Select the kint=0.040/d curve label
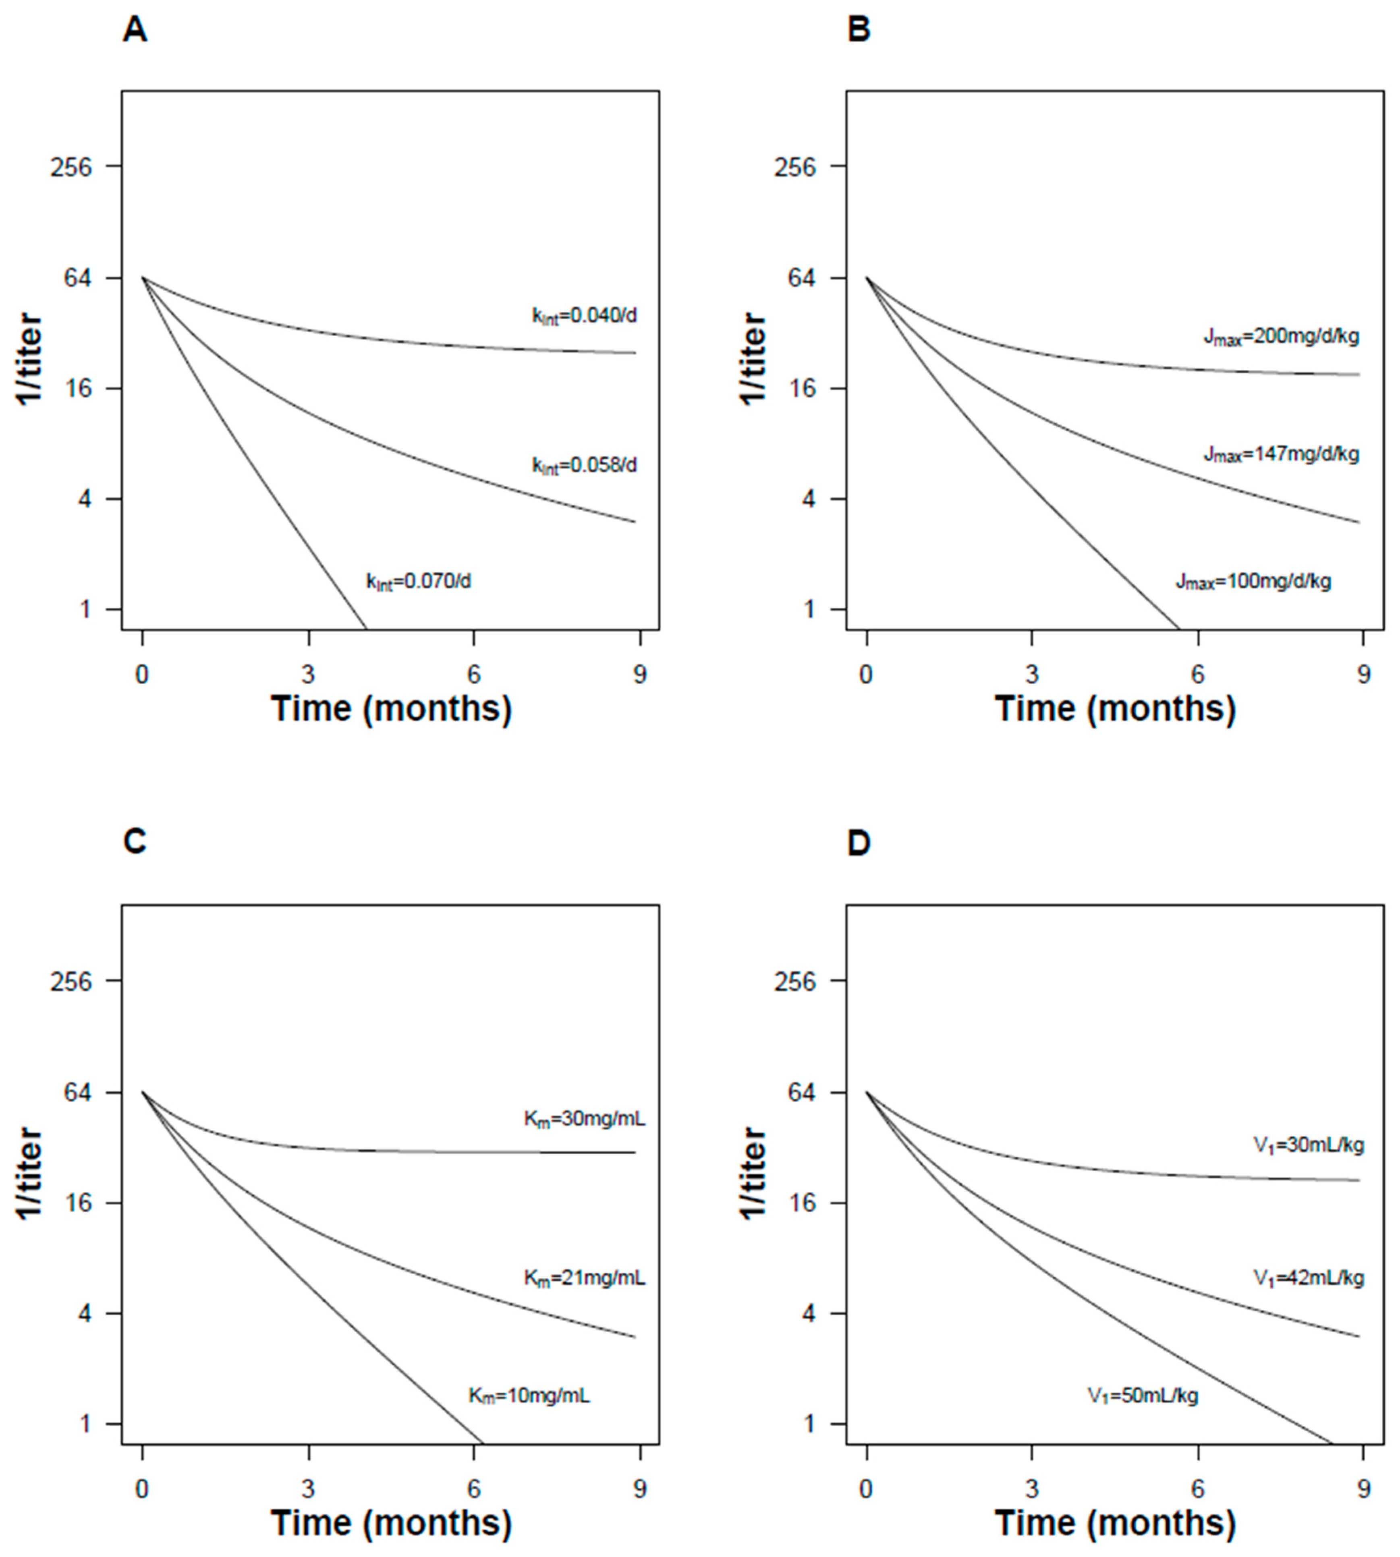click(585, 316)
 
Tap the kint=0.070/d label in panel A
click(419, 581)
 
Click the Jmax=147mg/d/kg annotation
click(1282, 454)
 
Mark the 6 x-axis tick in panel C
click(474, 1489)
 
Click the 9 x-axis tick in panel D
click(1363, 1489)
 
